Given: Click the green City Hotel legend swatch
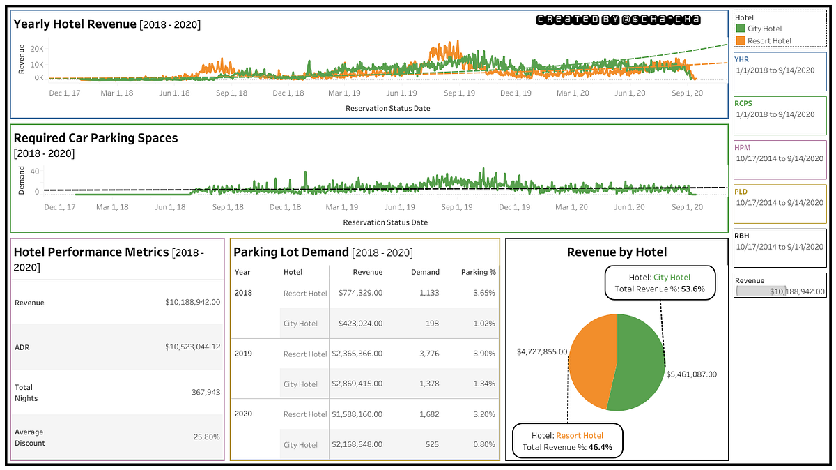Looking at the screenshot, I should pyautogui.click(x=741, y=29).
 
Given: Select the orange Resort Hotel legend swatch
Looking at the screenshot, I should pyautogui.click(x=741, y=41).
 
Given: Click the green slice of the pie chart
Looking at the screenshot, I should pyautogui.click(x=637, y=363).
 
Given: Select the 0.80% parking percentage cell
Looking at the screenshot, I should pyautogui.click(x=483, y=444).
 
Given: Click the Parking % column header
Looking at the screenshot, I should pyautogui.click(x=479, y=272).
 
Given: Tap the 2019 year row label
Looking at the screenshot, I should pyautogui.click(x=242, y=354).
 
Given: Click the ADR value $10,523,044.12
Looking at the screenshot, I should pyautogui.click(x=192, y=347).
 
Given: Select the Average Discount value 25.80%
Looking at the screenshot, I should pyautogui.click(x=206, y=437).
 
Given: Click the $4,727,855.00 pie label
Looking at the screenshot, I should pyautogui.click(x=541, y=352).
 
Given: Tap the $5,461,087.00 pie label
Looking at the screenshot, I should pyautogui.click(x=691, y=374).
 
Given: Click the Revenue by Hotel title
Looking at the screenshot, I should pyautogui.click(x=617, y=252).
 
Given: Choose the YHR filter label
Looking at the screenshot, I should pyautogui.click(x=742, y=59).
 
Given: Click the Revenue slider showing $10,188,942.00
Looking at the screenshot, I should pyautogui.click(x=780, y=291).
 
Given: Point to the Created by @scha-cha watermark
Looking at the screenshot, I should pyautogui.click(x=618, y=21).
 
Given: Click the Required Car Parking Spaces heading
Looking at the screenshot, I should pyautogui.click(x=95, y=138).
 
